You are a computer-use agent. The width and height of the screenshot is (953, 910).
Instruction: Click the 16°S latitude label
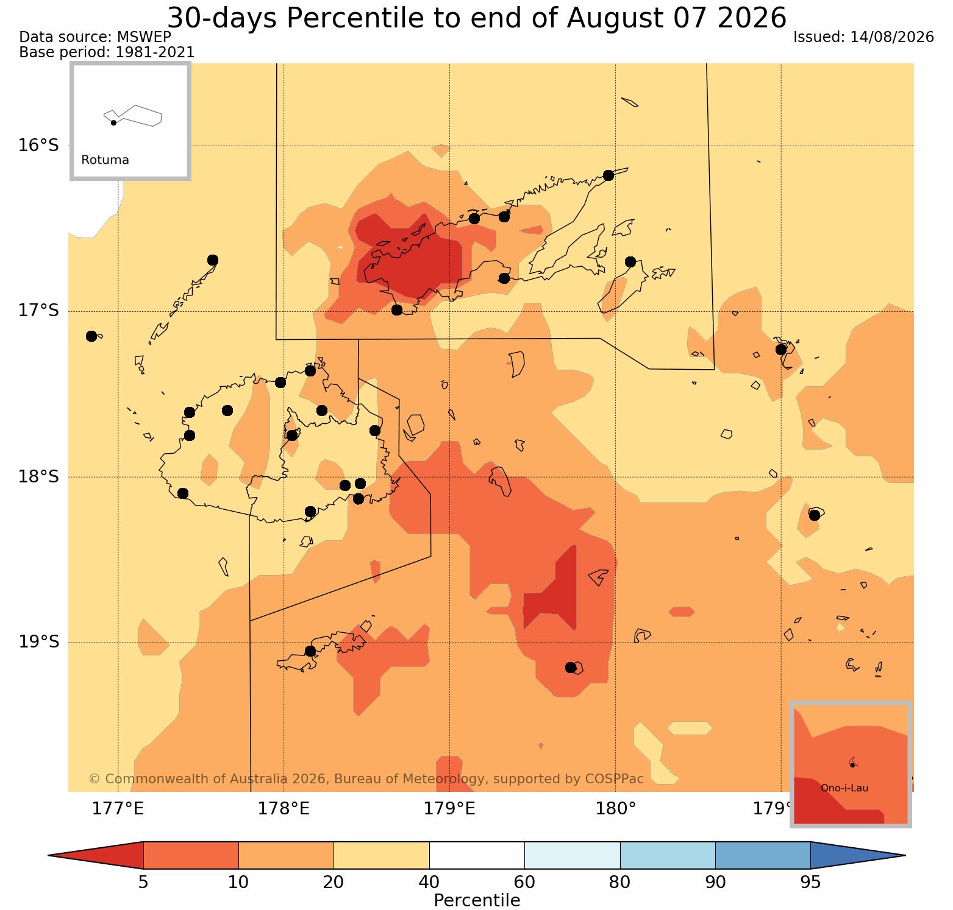(38, 146)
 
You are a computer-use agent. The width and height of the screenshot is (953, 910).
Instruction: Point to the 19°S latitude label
(38, 642)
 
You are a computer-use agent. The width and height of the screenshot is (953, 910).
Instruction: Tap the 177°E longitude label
(118, 809)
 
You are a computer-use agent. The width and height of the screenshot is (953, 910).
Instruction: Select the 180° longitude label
(616, 809)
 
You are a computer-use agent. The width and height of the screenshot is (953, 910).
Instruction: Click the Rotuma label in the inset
(105, 160)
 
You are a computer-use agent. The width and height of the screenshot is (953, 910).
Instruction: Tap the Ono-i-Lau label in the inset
(844, 788)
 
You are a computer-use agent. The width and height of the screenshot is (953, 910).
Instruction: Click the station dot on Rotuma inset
(113, 123)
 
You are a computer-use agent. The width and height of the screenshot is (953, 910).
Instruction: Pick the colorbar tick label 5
(143, 883)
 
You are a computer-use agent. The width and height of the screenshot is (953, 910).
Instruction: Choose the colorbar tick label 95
(810, 883)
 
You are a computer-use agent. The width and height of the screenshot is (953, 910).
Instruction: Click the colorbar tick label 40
(429, 883)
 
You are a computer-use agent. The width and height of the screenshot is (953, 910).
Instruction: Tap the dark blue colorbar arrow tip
(905, 855)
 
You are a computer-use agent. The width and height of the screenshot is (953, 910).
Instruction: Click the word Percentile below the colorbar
(477, 900)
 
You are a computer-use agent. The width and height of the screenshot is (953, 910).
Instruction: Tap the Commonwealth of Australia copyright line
(366, 779)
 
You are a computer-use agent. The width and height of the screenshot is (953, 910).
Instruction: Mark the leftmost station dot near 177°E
(91, 336)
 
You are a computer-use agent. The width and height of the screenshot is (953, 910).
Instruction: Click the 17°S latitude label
(38, 311)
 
